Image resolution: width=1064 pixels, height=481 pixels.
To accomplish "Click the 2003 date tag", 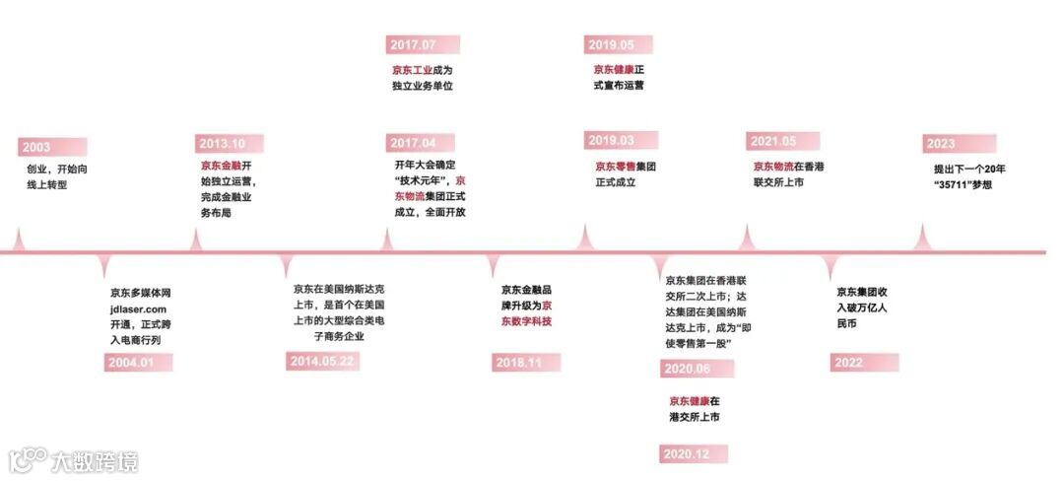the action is coord(37,148).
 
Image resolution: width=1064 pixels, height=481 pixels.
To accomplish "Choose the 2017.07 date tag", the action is coord(414,45).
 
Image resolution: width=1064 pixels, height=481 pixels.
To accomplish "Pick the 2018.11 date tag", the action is coord(518,363).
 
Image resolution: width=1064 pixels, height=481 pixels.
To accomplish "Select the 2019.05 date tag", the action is coord(612,44).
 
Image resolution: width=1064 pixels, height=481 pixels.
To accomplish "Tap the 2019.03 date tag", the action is coord(612,141).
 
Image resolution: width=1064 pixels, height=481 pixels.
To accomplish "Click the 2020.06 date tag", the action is coord(688,368).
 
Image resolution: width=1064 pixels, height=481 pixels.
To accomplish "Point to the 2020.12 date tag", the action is coord(688,453).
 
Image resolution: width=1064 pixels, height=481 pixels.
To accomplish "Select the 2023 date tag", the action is coord(941,144).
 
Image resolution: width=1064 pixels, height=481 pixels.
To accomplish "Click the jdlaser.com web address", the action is coord(139,309).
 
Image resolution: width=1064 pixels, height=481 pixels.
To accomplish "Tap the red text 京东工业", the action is coord(412,71).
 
